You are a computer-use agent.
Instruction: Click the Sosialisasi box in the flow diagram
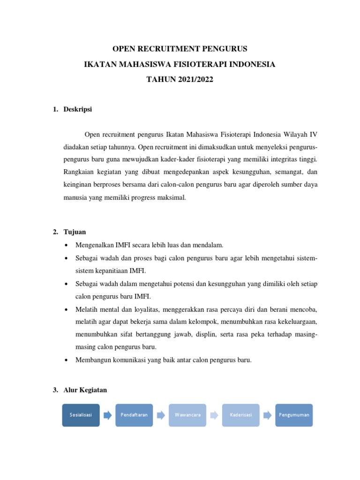pyautogui.click(x=81, y=415)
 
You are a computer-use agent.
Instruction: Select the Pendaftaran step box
pyautogui.click(x=134, y=415)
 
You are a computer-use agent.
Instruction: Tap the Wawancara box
pyautogui.click(x=187, y=415)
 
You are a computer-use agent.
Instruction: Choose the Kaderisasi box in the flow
pyautogui.click(x=241, y=415)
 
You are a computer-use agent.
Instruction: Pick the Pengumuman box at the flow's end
pyautogui.click(x=294, y=415)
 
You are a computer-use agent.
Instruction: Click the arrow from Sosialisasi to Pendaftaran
pyautogui.click(x=107, y=415)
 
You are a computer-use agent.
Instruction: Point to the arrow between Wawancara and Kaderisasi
pyautogui.click(x=214, y=415)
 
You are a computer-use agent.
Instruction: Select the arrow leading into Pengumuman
pyautogui.click(x=268, y=415)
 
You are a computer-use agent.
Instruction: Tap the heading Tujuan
pyautogui.click(x=75, y=232)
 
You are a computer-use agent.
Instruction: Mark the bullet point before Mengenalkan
pyautogui.click(x=66, y=245)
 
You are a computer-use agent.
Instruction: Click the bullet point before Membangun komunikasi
pyautogui.click(x=66, y=360)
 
